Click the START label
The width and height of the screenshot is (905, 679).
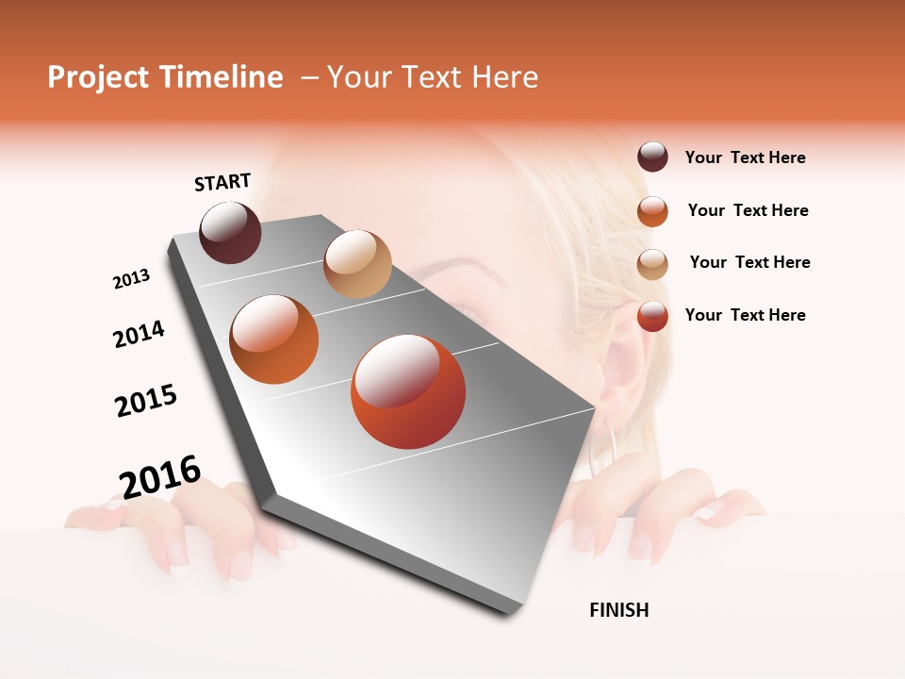click(222, 182)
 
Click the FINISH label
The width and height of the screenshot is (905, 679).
click(618, 610)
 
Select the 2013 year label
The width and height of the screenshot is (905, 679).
click(131, 279)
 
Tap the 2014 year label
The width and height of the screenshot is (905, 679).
click(139, 334)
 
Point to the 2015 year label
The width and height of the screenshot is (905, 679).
click(146, 401)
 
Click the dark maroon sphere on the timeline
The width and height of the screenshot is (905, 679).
click(230, 232)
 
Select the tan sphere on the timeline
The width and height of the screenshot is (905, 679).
click(357, 264)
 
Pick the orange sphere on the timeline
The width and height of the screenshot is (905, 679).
click(273, 339)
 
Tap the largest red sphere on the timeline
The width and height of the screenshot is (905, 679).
click(407, 391)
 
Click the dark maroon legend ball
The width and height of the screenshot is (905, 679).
click(652, 157)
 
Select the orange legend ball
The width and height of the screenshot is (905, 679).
click(652, 211)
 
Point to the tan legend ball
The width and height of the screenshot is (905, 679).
click(652, 264)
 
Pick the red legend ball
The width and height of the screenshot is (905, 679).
click(652, 316)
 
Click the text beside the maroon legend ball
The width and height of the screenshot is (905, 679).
click(745, 158)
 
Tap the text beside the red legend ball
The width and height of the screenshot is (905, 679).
click(745, 315)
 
